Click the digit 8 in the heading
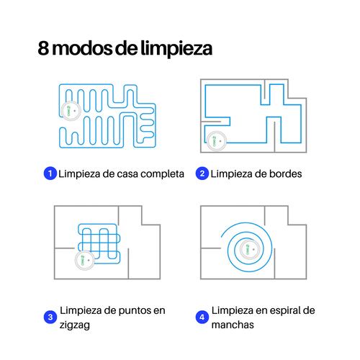tap(43, 48)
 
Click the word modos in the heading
tap(82, 48)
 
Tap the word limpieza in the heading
tap(176, 49)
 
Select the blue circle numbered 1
tap(50, 174)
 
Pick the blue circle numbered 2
tap(202, 174)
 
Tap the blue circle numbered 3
tap(50, 317)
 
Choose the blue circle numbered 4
tap(202, 317)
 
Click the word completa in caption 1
tap(162, 174)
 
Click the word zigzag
tap(75, 325)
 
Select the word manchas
tap(233, 325)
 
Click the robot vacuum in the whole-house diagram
tap(71, 111)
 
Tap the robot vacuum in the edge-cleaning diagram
tap(217, 141)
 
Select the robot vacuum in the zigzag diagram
tap(85, 260)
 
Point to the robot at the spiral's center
tap(250, 249)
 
